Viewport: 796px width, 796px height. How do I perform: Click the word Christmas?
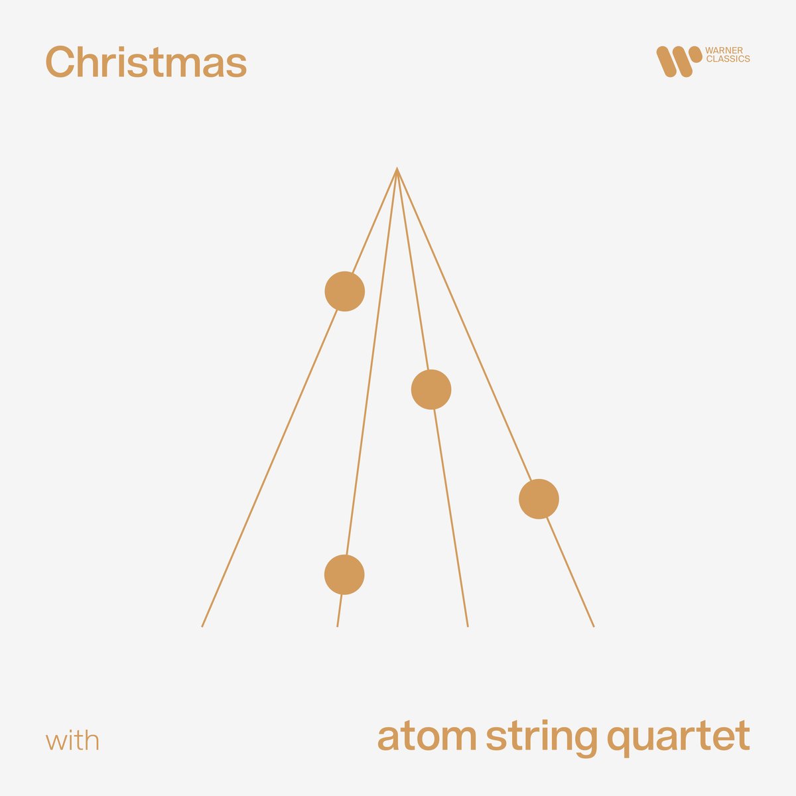coord(146,62)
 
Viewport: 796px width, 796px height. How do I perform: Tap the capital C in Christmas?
coord(58,62)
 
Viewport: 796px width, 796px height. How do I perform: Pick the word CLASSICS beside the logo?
coord(728,59)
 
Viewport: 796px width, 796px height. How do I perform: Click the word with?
coord(73,740)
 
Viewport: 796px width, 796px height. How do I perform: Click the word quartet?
coord(678,738)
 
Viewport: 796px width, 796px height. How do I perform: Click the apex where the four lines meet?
coord(397,169)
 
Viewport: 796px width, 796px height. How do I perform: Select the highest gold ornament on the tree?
coord(344,291)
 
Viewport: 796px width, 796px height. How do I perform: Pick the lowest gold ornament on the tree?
coord(344,574)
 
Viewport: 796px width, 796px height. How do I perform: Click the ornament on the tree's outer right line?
coord(539,499)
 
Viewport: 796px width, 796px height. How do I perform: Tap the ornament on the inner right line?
coord(431,389)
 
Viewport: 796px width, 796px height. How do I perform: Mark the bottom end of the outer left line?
coord(202,626)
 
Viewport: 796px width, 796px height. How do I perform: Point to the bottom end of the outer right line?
coord(593,626)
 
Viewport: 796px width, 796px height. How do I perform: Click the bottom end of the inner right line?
coord(468,626)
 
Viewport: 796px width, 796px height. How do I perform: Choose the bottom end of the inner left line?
coord(338,626)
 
